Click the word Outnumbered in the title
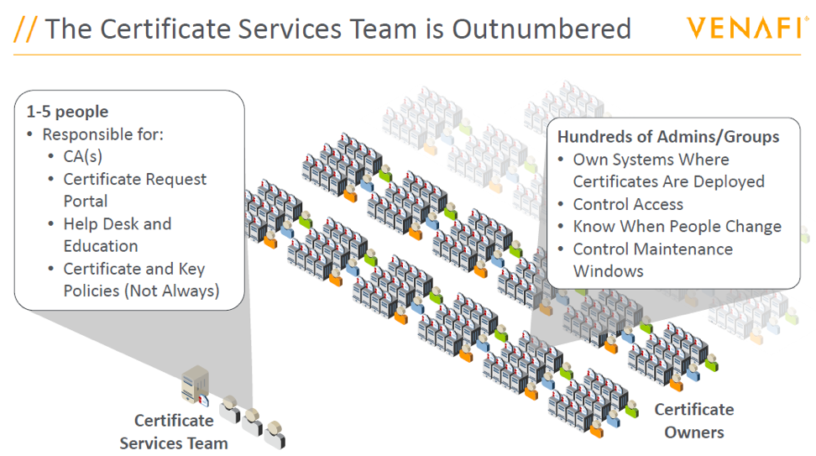pos(541,29)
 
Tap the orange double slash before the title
pos(25,29)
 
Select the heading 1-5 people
pos(68,112)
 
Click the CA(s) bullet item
pos(83,156)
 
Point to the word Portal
pos(86,201)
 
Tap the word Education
pos(101,246)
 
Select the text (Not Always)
pos(172,291)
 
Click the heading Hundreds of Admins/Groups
pos(668,136)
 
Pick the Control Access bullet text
pos(628,204)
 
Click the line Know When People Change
pos(677,227)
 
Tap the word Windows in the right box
pos(609,271)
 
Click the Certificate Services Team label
pos(174,432)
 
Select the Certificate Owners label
pos(694,421)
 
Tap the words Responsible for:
pos(103,134)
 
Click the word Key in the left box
pos(191,269)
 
